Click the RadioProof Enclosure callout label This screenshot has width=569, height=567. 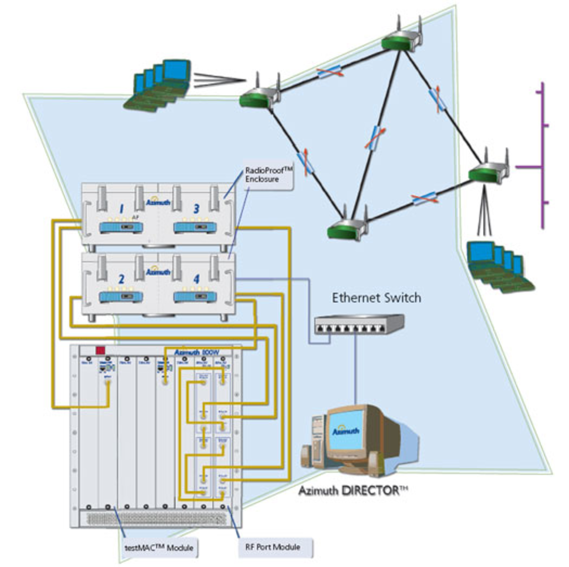tap(268, 175)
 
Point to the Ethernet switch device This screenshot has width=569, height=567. tap(359, 325)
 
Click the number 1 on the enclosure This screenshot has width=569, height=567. tap(121, 209)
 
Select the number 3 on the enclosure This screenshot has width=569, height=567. tap(196, 209)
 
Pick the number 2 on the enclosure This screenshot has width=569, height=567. tap(121, 279)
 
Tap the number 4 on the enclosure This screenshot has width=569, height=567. tap(196, 279)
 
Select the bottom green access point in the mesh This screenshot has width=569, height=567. tap(347, 228)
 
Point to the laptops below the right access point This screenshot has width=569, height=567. tap(498, 267)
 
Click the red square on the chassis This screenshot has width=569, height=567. tap(100, 350)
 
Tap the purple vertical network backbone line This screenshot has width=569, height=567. tap(543, 154)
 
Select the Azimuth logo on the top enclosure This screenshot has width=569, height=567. tap(158, 201)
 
